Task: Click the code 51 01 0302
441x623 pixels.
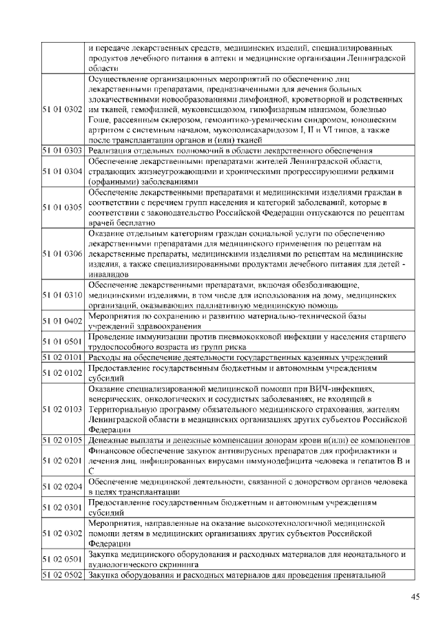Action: [x=63, y=109]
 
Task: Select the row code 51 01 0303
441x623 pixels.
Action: [x=63, y=150]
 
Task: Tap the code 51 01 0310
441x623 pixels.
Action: [x=63, y=295]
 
